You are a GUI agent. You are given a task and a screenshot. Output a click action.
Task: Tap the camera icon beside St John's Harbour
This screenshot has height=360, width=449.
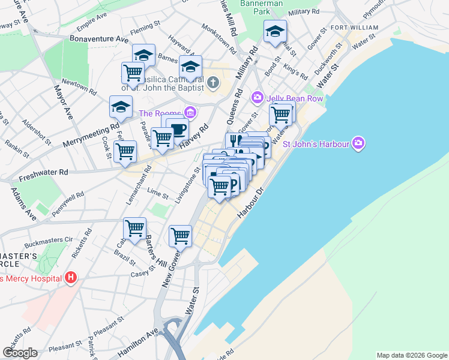coord(358,143)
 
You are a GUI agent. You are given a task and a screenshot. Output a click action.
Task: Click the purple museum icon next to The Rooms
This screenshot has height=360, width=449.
coord(190,112)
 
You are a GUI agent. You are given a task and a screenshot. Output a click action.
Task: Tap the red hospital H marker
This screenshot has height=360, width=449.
coord(71,278)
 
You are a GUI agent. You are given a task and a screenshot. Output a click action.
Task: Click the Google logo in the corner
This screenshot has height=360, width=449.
coord(20,353)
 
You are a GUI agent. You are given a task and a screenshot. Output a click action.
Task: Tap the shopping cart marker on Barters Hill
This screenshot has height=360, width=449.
coord(134,228)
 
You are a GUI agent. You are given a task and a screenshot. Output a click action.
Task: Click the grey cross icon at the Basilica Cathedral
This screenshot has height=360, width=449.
coord(214,82)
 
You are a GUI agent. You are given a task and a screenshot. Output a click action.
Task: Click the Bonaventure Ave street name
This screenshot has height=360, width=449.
coord(91,39)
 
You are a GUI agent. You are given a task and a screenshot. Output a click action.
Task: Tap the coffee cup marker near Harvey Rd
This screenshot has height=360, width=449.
coord(177,128)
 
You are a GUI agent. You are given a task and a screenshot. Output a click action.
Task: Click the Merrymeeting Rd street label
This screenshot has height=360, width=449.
coord(91,137)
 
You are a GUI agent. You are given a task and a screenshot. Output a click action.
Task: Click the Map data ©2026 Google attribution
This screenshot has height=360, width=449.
coord(411,355)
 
